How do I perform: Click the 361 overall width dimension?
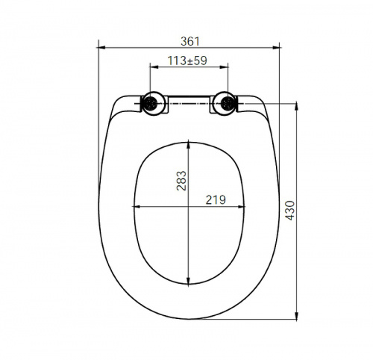[x=190, y=41]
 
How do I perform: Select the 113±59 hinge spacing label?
[x=187, y=60]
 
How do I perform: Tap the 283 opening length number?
[x=181, y=181]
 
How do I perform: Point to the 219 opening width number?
[x=216, y=199]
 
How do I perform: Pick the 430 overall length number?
[x=289, y=211]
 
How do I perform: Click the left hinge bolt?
[x=151, y=103]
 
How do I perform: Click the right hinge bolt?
[x=227, y=103]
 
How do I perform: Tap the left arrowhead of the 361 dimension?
[x=102, y=47]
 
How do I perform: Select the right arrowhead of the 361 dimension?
[x=276, y=47]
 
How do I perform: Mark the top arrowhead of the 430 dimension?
[x=296, y=106]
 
